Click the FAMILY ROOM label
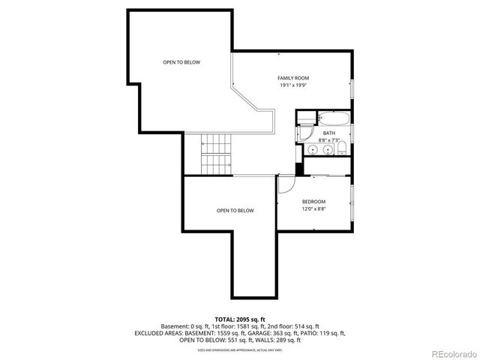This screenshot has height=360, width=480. pyautogui.click(x=293, y=78)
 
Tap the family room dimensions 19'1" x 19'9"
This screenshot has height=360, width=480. pyautogui.click(x=293, y=85)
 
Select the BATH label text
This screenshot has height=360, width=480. pyautogui.click(x=328, y=133)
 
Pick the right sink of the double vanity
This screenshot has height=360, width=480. pyautogui.click(x=327, y=151)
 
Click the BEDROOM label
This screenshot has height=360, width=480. pyautogui.click(x=313, y=201)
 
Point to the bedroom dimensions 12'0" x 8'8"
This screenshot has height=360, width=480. pyautogui.click(x=313, y=209)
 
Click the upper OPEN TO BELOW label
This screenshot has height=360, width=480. pyautogui.click(x=181, y=62)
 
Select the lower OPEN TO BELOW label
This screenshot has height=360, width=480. pyautogui.click(x=235, y=211)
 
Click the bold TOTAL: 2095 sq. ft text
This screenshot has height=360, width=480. pyautogui.click(x=239, y=319)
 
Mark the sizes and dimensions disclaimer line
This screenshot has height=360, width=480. pyautogui.click(x=239, y=349)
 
